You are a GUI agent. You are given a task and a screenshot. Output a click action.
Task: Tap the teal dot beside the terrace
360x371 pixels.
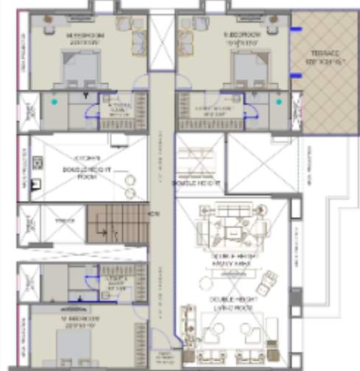(x=279, y=102)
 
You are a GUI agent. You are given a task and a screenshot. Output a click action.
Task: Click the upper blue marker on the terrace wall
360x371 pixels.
(x=295, y=29)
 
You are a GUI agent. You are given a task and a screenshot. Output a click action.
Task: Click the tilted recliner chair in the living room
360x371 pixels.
(x=269, y=280)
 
